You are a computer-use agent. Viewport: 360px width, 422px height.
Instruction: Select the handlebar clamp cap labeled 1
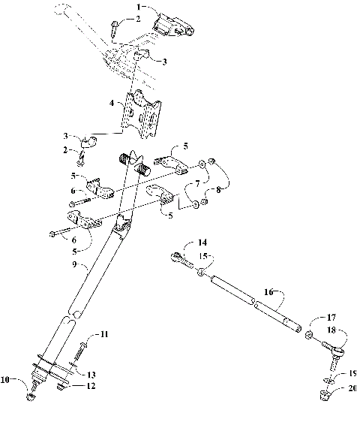coord(172,25)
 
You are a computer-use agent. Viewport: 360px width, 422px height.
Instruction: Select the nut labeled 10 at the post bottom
coord(31,391)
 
